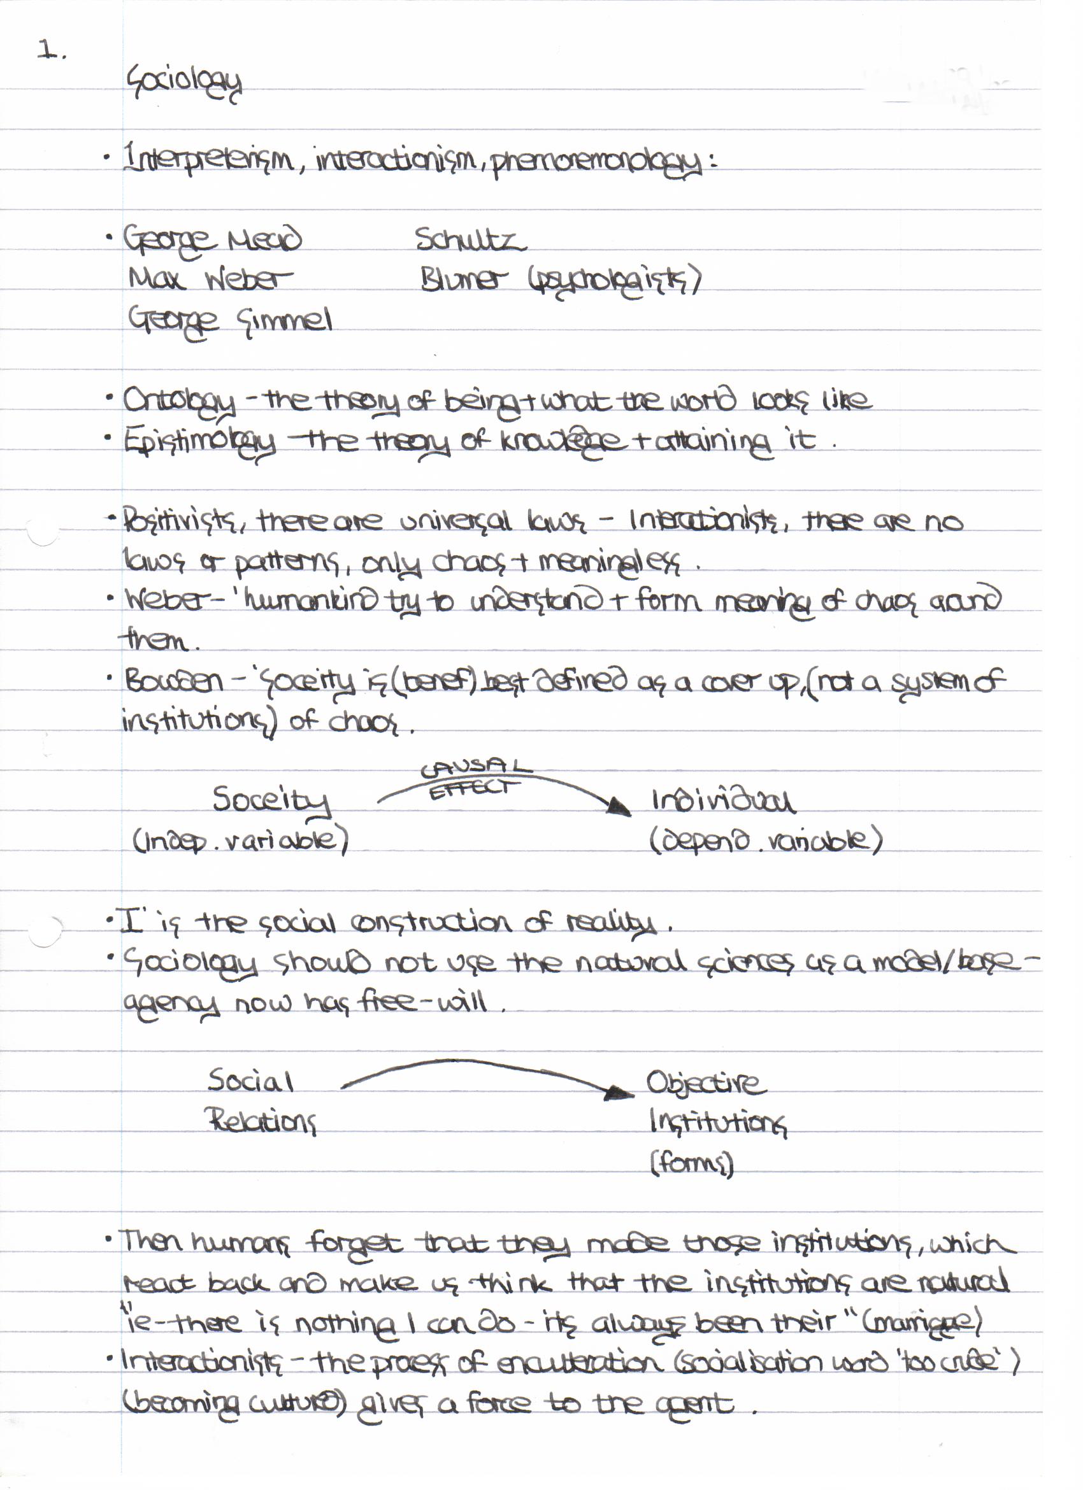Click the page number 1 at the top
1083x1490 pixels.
(x=46, y=50)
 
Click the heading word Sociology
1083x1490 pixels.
(x=184, y=82)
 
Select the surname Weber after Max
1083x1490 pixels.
(x=248, y=280)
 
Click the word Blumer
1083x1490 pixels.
(x=464, y=280)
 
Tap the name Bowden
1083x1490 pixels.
(x=174, y=681)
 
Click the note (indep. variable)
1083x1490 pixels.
(x=241, y=842)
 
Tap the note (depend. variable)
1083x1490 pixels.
(x=766, y=842)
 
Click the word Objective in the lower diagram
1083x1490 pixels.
(x=705, y=1083)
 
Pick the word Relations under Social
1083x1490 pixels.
(x=262, y=1121)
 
